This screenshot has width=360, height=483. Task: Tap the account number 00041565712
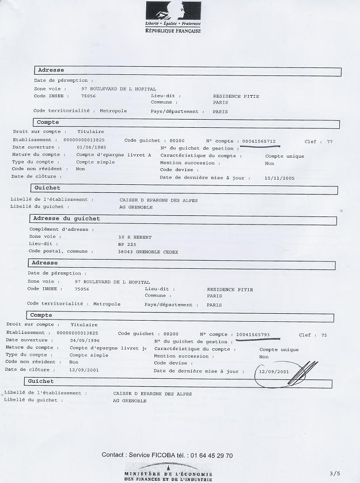[x=259, y=141]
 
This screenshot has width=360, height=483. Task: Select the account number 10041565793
[x=253, y=334]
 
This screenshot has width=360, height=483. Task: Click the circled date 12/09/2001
[x=274, y=372]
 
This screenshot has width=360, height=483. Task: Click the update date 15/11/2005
[x=279, y=178]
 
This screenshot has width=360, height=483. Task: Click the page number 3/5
[x=335, y=473]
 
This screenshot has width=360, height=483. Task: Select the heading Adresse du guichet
[x=66, y=219]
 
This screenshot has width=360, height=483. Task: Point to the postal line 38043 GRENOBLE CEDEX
[x=148, y=252]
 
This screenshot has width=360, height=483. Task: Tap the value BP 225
[x=126, y=244]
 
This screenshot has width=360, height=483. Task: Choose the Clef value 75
[x=324, y=334]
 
